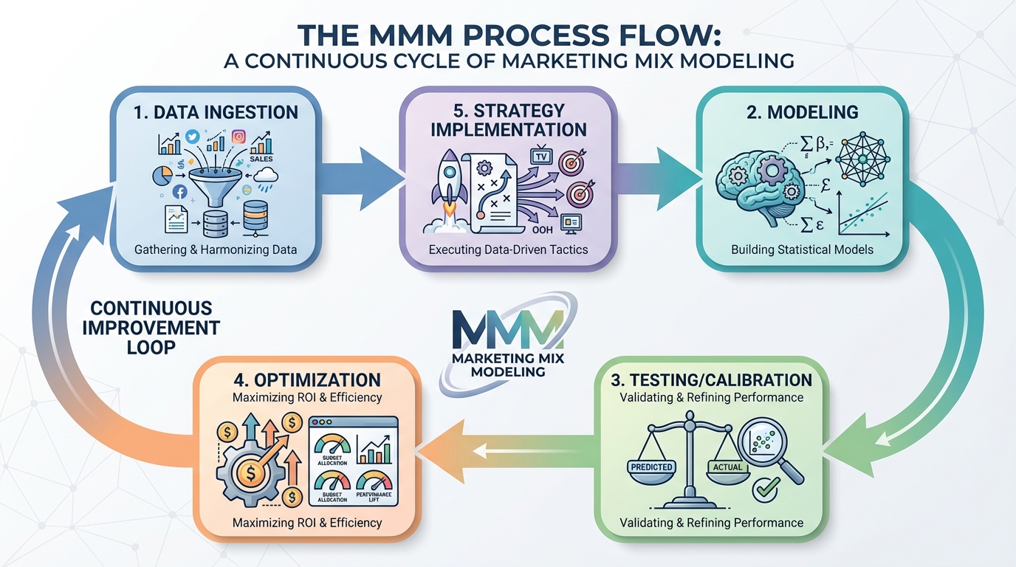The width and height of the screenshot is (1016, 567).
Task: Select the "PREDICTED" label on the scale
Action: (652, 467)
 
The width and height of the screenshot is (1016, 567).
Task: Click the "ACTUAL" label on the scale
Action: (728, 467)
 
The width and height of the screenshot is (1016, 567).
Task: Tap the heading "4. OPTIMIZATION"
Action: (306, 380)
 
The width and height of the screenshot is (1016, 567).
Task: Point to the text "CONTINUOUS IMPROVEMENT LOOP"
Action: (151, 327)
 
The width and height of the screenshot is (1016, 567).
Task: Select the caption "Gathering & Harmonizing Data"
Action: (216, 250)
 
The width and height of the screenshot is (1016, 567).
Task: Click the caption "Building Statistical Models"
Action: (802, 250)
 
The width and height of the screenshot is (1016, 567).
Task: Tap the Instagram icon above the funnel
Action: (238, 136)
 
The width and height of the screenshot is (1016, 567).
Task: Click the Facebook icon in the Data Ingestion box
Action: (179, 192)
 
